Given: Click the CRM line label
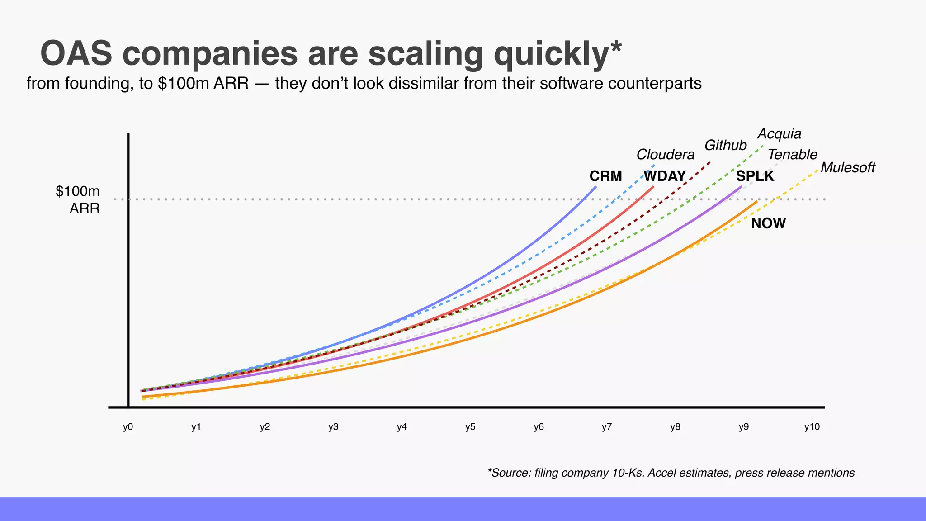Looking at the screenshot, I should pyautogui.click(x=605, y=176).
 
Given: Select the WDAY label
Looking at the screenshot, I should pyautogui.click(x=665, y=176).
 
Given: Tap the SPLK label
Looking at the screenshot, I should pyautogui.click(x=755, y=176).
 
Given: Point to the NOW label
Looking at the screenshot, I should pyautogui.click(x=768, y=223).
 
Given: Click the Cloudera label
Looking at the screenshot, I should pyautogui.click(x=665, y=155).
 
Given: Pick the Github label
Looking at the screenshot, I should pyautogui.click(x=725, y=145).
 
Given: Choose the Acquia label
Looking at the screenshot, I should pyautogui.click(x=779, y=133).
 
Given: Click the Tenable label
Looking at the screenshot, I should pyautogui.click(x=792, y=155).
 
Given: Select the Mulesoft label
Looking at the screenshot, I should pyautogui.click(x=847, y=168).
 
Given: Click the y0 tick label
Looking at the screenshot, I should pyautogui.click(x=128, y=427).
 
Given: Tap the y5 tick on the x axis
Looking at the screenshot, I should pyautogui.click(x=470, y=427).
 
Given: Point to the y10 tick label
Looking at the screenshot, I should pyautogui.click(x=812, y=427).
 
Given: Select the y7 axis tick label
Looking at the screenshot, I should pyautogui.click(x=607, y=427).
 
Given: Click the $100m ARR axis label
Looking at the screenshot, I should pyautogui.click(x=78, y=199).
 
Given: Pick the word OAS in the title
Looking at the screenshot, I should pyautogui.click(x=76, y=54).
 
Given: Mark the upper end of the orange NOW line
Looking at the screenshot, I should pyautogui.click(x=757, y=201).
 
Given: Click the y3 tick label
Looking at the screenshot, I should pyautogui.click(x=333, y=427).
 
